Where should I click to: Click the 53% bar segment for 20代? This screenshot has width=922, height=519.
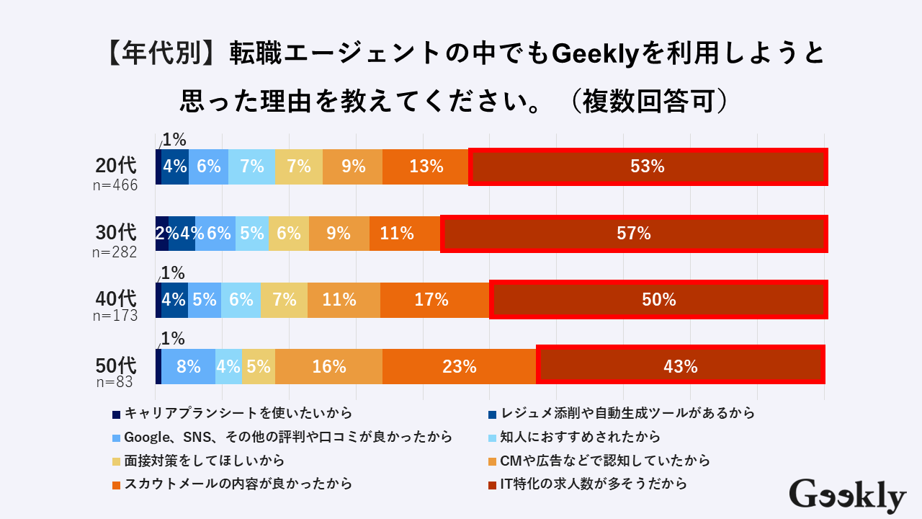tap(647, 167)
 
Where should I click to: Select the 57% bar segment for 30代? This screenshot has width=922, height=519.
tap(634, 234)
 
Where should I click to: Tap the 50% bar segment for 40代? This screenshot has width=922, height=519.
tap(658, 300)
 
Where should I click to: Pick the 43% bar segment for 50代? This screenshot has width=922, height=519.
tap(681, 366)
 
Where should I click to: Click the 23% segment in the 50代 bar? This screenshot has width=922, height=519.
tap(460, 366)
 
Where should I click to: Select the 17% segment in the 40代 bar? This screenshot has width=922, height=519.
tap(434, 300)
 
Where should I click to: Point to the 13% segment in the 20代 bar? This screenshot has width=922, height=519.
tap(426, 167)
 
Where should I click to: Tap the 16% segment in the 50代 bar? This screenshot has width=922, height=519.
tap(328, 366)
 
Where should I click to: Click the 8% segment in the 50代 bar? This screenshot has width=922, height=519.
tap(188, 366)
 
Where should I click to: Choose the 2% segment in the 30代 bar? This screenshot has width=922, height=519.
tap(162, 234)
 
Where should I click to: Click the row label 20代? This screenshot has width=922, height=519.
tap(116, 166)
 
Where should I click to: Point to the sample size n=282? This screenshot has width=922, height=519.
tap(115, 252)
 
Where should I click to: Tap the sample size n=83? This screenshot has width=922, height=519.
tap(115, 383)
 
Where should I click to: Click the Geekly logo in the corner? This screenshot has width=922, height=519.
tap(847, 496)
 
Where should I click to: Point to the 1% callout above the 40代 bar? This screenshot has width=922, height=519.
tap(174, 273)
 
